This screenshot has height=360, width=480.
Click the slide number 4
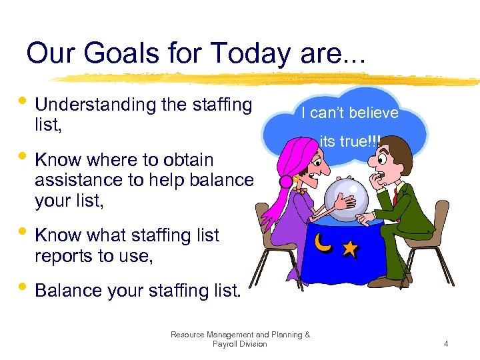[446, 344]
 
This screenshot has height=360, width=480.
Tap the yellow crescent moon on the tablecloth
[323, 244]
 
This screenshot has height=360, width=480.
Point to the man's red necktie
[396, 198]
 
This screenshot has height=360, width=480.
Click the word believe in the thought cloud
[374, 113]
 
